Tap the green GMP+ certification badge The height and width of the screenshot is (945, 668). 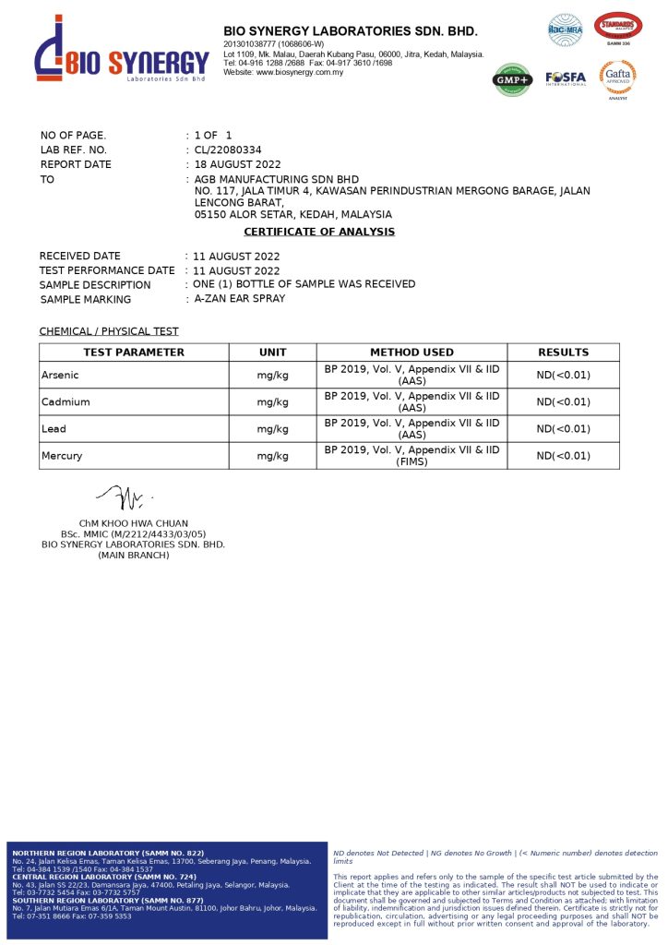512,79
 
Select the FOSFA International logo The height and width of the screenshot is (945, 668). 565,78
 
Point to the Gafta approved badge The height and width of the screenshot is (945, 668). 617,78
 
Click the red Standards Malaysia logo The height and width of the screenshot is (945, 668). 618,28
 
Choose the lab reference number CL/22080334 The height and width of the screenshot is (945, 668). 228,150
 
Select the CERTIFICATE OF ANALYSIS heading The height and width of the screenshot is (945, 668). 319,232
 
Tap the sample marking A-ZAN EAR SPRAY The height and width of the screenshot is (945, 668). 239,299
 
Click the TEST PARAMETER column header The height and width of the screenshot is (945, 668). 134,353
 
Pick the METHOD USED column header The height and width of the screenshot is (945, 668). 412,353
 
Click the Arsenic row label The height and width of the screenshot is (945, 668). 61,376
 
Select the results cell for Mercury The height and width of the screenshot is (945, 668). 563,456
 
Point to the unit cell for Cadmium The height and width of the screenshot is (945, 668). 272,402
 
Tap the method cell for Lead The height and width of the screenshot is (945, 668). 412,429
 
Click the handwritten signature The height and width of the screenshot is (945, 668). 123,499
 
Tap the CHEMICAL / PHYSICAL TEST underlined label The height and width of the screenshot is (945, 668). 109,331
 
